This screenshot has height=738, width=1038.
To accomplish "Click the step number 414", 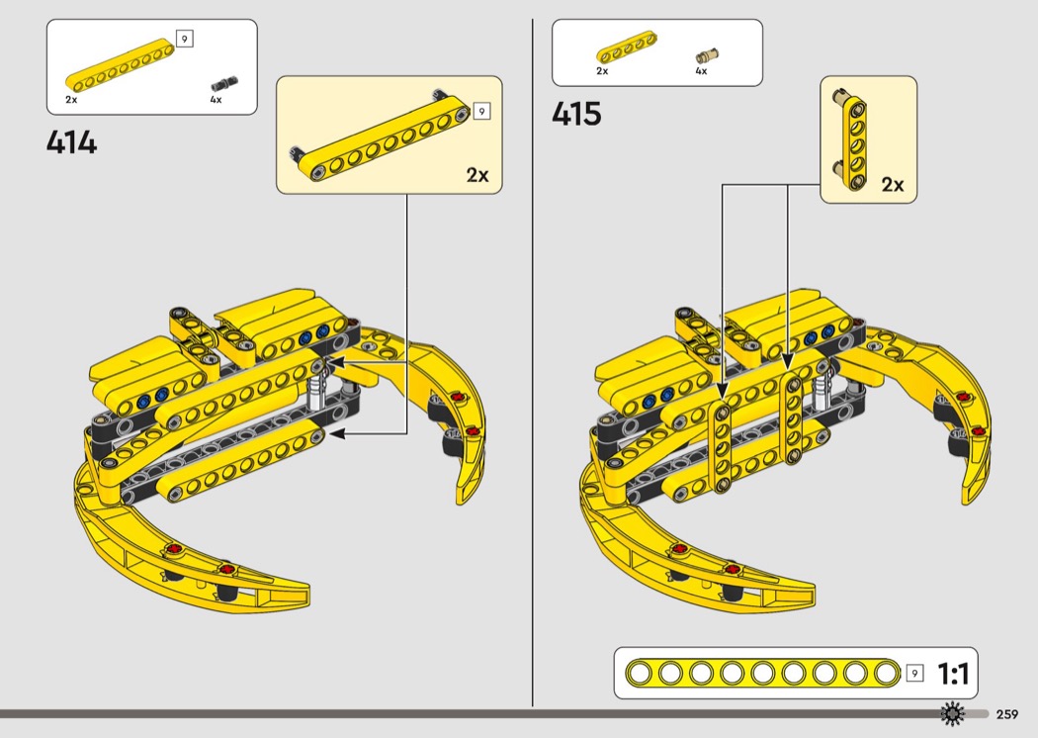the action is (x=71, y=142).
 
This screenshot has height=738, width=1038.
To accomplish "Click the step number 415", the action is (x=576, y=114).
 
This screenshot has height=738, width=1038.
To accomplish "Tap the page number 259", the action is (x=1007, y=714).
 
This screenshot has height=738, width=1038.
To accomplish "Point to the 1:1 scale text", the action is (x=953, y=674).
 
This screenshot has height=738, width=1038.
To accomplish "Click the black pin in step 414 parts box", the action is (x=224, y=84).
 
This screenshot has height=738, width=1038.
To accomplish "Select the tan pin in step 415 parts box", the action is (x=707, y=56).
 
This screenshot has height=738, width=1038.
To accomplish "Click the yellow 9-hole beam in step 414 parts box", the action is (x=121, y=63).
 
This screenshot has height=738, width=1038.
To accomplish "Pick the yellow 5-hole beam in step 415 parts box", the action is (x=627, y=50).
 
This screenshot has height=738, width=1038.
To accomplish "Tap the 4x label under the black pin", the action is (x=216, y=100).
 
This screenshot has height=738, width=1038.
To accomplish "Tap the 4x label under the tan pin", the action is (x=701, y=71).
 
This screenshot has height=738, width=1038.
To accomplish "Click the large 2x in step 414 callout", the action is (x=477, y=175).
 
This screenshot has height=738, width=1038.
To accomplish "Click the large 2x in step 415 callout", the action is (x=893, y=184).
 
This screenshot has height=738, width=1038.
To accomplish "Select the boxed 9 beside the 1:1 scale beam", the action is (x=914, y=673).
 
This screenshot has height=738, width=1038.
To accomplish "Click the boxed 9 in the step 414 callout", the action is (x=481, y=112).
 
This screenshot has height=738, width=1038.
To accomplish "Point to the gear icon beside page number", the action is (x=952, y=713).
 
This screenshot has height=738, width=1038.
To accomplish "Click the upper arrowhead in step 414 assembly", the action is (x=334, y=362).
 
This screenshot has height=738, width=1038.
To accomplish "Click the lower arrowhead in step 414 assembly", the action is (x=336, y=434).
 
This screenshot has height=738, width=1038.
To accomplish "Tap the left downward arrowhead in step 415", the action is (x=723, y=391).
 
